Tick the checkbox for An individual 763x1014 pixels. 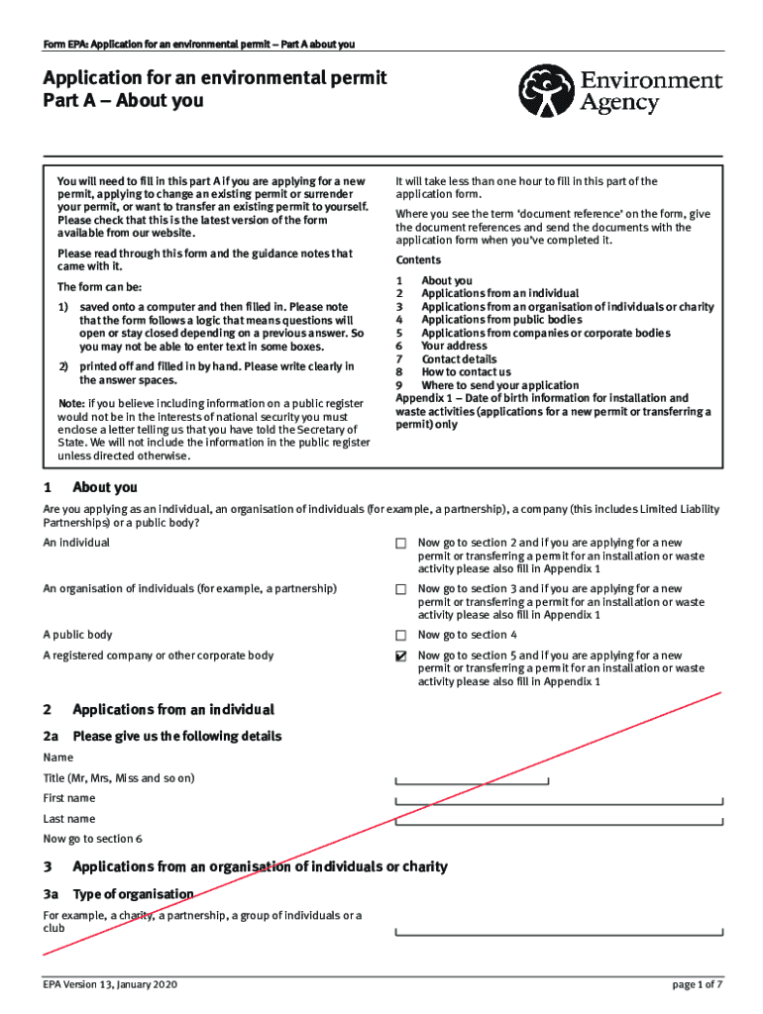(400, 544)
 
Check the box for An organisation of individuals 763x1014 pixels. (400, 589)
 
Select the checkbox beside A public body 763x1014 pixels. (400, 635)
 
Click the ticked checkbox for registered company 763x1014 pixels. (400, 656)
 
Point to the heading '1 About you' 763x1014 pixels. (104, 487)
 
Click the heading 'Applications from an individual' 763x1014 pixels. (173, 709)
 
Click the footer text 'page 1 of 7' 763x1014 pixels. (698, 984)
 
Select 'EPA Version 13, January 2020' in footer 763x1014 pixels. (111, 984)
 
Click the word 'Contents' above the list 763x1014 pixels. (418, 260)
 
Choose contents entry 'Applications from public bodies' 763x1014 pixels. (501, 320)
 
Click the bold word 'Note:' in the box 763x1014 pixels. (70, 404)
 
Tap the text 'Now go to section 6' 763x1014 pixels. (92, 839)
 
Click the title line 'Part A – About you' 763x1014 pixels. (123, 100)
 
